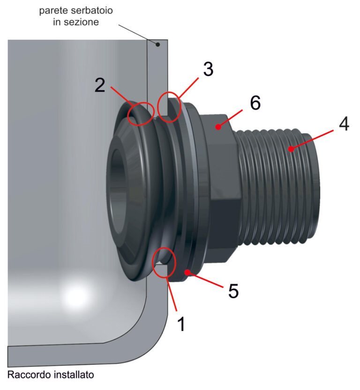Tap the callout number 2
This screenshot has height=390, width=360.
click(100, 85)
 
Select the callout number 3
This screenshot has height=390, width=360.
click(208, 69)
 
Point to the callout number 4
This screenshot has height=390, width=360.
click(344, 124)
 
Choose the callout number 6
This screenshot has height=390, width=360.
click(255, 102)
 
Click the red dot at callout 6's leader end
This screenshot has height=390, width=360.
click(218, 127)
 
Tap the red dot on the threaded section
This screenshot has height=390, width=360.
click(291, 149)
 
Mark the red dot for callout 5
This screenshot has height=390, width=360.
click(187, 272)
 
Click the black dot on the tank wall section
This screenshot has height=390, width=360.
click(157, 44)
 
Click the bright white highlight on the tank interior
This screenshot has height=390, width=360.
click(76, 296)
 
